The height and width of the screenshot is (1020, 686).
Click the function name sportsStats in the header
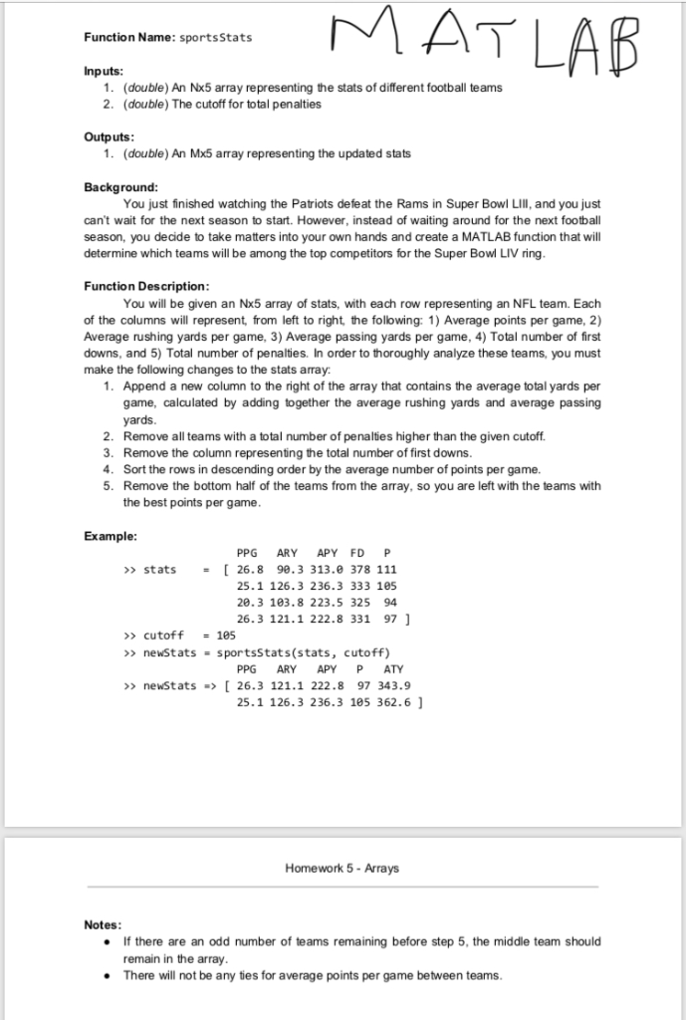[x=215, y=37]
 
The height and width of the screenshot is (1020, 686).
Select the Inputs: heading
[x=104, y=71]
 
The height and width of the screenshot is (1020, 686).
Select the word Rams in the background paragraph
[x=387, y=203]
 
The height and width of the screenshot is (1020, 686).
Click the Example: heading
[x=111, y=536]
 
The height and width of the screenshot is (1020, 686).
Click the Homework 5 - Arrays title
[x=342, y=868]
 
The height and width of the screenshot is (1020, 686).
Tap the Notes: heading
[x=104, y=924]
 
